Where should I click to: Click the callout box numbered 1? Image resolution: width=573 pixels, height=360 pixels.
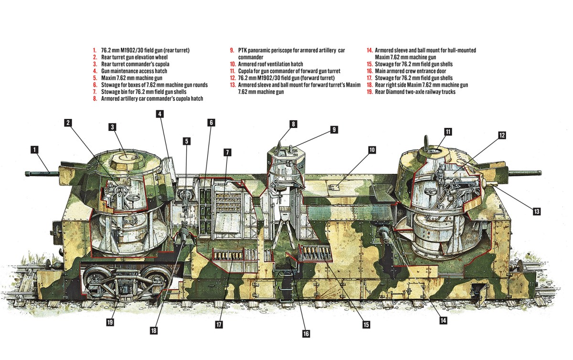[34, 150]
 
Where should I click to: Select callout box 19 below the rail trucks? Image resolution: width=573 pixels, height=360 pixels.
[110, 322]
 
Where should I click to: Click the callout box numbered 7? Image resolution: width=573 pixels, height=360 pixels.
[228, 152]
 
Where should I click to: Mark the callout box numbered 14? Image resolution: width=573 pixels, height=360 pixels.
[444, 320]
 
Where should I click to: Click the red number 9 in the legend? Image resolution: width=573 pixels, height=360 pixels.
[232, 50]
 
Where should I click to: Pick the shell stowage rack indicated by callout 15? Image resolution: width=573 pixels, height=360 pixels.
[314, 252]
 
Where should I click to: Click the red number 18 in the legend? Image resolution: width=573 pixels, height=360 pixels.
[370, 85]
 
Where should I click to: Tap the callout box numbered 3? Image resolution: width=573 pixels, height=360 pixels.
[112, 127]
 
